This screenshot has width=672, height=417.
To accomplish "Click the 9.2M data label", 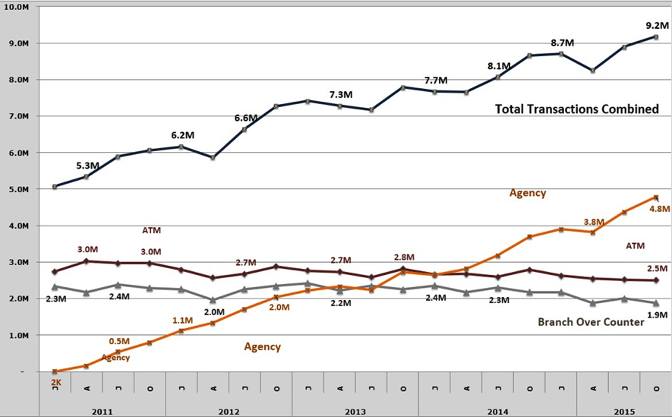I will coord(656,24).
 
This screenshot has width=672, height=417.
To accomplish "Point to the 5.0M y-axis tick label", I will coord(19,189).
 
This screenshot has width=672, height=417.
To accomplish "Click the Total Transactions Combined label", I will coord(576,109).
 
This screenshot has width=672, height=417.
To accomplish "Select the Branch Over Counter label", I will coord(591,322).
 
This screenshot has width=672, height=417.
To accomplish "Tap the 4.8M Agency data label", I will coord(659,209).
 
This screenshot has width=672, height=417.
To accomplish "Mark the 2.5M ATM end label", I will coord(657,269).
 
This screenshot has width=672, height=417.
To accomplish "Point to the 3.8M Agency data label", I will coord(594,222).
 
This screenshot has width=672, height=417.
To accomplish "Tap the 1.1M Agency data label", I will coord(181,321).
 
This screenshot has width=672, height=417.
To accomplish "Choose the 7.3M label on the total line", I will coord(341,95).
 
